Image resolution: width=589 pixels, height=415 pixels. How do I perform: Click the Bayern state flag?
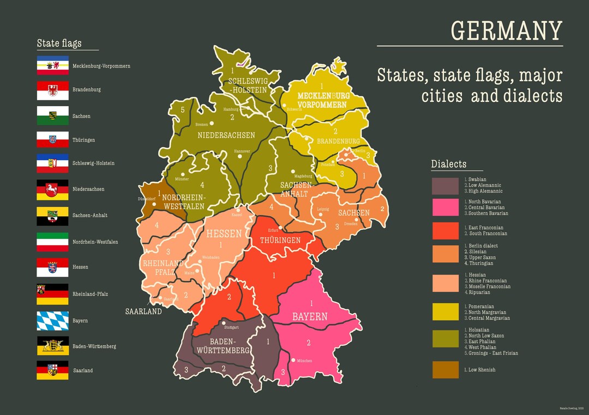click(52, 321)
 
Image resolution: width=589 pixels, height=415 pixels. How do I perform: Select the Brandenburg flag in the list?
click(52, 90)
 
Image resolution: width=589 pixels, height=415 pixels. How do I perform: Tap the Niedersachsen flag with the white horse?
click(52, 190)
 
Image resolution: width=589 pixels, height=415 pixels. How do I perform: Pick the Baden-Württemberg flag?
click(52, 346)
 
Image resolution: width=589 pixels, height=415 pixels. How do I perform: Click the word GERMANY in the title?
click(507, 31)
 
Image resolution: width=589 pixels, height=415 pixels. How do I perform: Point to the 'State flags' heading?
click(59, 44)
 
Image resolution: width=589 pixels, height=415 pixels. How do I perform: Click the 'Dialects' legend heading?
click(449, 164)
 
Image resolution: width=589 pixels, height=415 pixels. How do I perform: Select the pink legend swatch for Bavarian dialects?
click(445, 207)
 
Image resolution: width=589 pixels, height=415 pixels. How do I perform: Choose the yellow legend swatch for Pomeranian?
click(445, 312)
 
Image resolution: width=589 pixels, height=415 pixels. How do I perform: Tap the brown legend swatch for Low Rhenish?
click(445, 370)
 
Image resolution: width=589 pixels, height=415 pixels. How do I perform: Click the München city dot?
click(293, 360)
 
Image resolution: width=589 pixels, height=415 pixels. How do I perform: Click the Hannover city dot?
click(239, 156)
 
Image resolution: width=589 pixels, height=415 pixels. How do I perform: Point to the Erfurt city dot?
click(281, 227)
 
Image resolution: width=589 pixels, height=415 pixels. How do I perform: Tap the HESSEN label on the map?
click(224, 234)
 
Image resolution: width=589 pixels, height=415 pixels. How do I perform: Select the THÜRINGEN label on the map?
click(280, 240)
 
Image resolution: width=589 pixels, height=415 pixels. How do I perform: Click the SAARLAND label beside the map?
click(143, 312)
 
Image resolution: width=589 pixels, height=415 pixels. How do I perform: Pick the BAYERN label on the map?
click(310, 316)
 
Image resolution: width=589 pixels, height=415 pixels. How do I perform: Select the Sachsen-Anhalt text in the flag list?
click(90, 215)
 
